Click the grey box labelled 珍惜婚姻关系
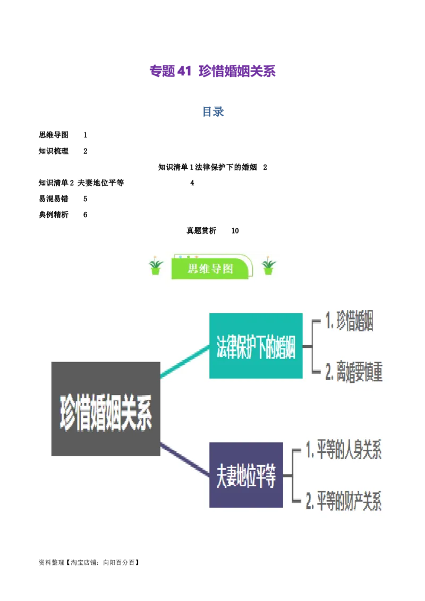click(106, 409)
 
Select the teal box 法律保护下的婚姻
click(256, 346)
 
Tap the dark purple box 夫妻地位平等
click(245, 475)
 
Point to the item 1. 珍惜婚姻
click(349, 322)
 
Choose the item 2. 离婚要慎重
click(354, 373)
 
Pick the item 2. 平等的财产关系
click(344, 501)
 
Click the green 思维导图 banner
click(210, 268)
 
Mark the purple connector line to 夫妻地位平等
click(184, 458)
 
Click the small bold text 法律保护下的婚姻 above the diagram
click(226, 168)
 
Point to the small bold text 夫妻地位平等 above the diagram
click(101, 182)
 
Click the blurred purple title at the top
click(212, 72)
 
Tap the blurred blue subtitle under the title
click(212, 112)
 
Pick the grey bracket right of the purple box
click(292, 476)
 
